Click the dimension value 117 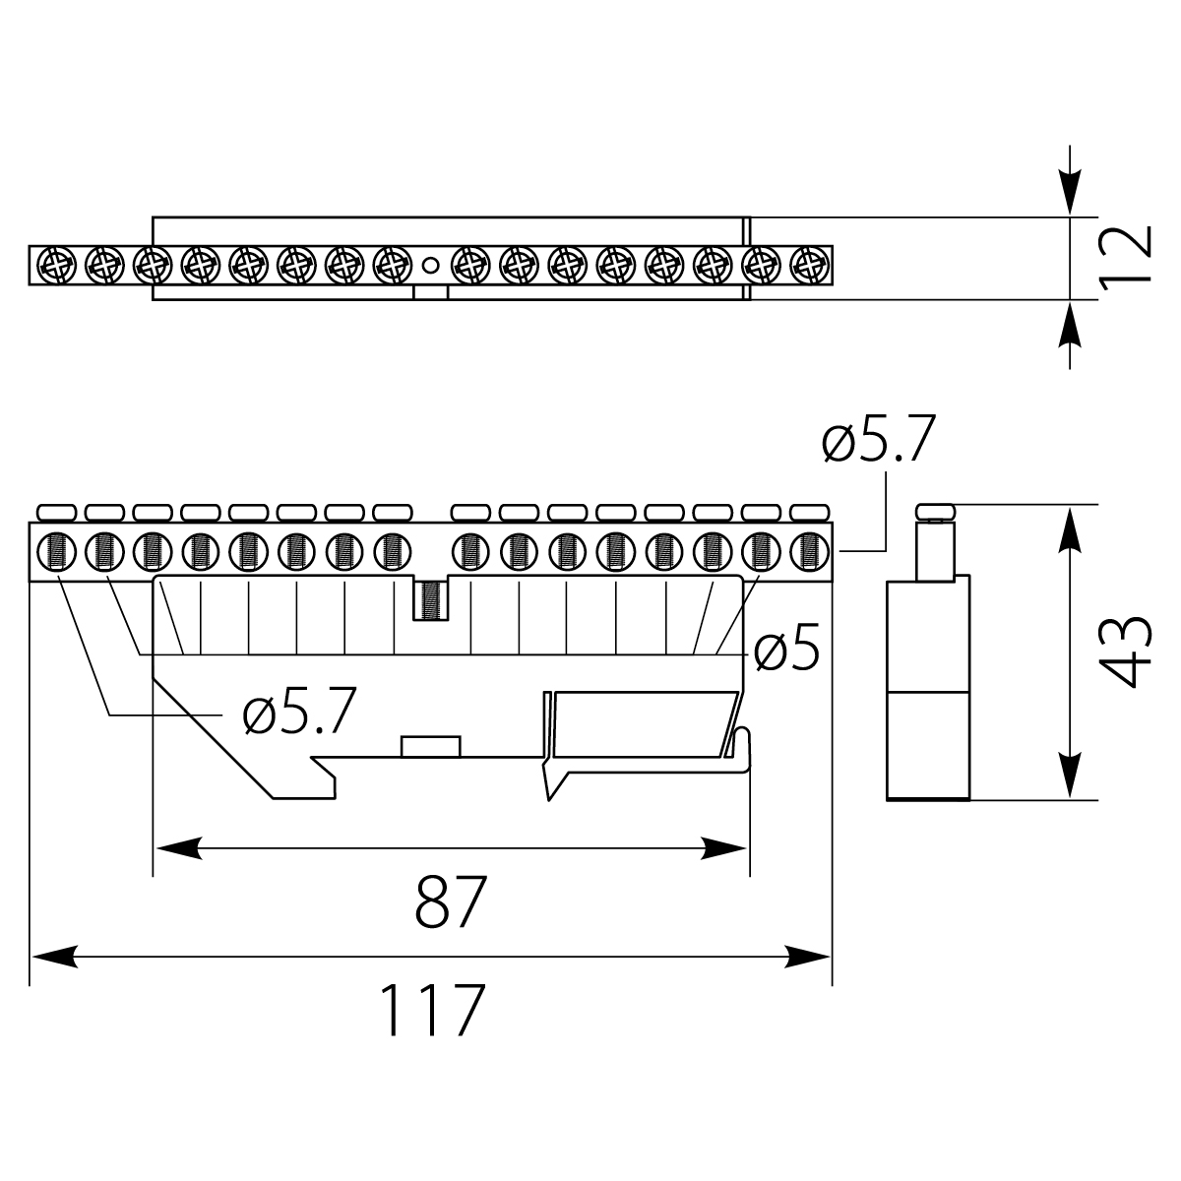click(x=433, y=1009)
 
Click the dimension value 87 click(x=451, y=901)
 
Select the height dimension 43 click(x=1122, y=652)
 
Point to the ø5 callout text click(x=787, y=652)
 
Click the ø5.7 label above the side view click(x=877, y=441)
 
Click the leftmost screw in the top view click(x=54, y=264)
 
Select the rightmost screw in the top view click(x=809, y=264)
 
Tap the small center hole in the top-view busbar click(x=430, y=265)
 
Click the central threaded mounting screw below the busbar click(x=430, y=599)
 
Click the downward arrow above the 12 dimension click(x=1070, y=182)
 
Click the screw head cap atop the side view click(x=935, y=510)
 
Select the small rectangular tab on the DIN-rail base click(x=431, y=745)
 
